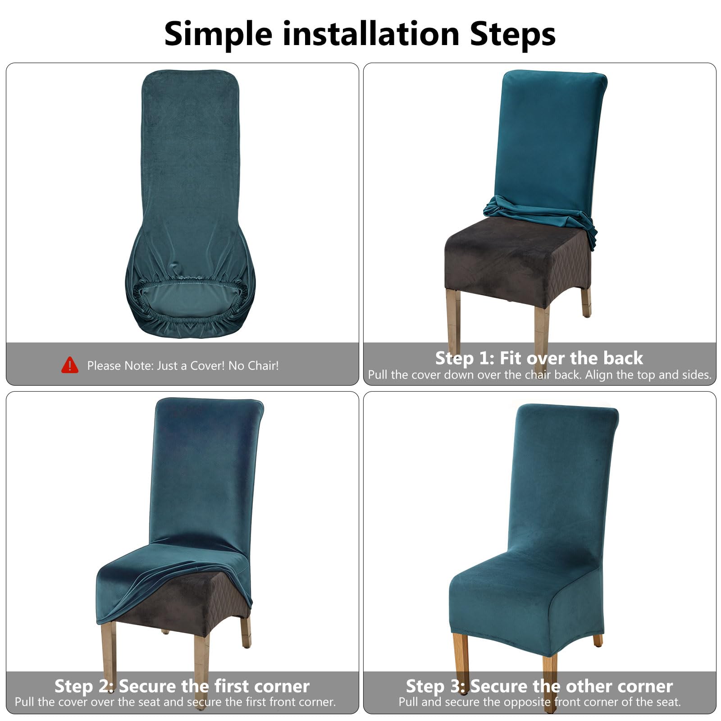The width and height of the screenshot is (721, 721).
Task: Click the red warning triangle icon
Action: tap(69, 365)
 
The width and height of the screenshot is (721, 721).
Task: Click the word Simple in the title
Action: tap(218, 34)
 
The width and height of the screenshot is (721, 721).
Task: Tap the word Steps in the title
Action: tap(513, 34)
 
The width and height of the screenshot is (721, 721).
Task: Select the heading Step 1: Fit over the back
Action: tap(539, 358)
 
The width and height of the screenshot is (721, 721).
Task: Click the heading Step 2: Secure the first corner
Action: tap(182, 686)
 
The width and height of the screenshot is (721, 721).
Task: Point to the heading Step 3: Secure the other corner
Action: tap(539, 686)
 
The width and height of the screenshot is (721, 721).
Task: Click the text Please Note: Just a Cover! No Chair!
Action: tap(183, 365)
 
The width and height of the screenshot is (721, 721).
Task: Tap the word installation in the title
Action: tap(371, 34)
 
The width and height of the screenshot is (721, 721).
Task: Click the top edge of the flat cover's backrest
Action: tap(190, 71)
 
